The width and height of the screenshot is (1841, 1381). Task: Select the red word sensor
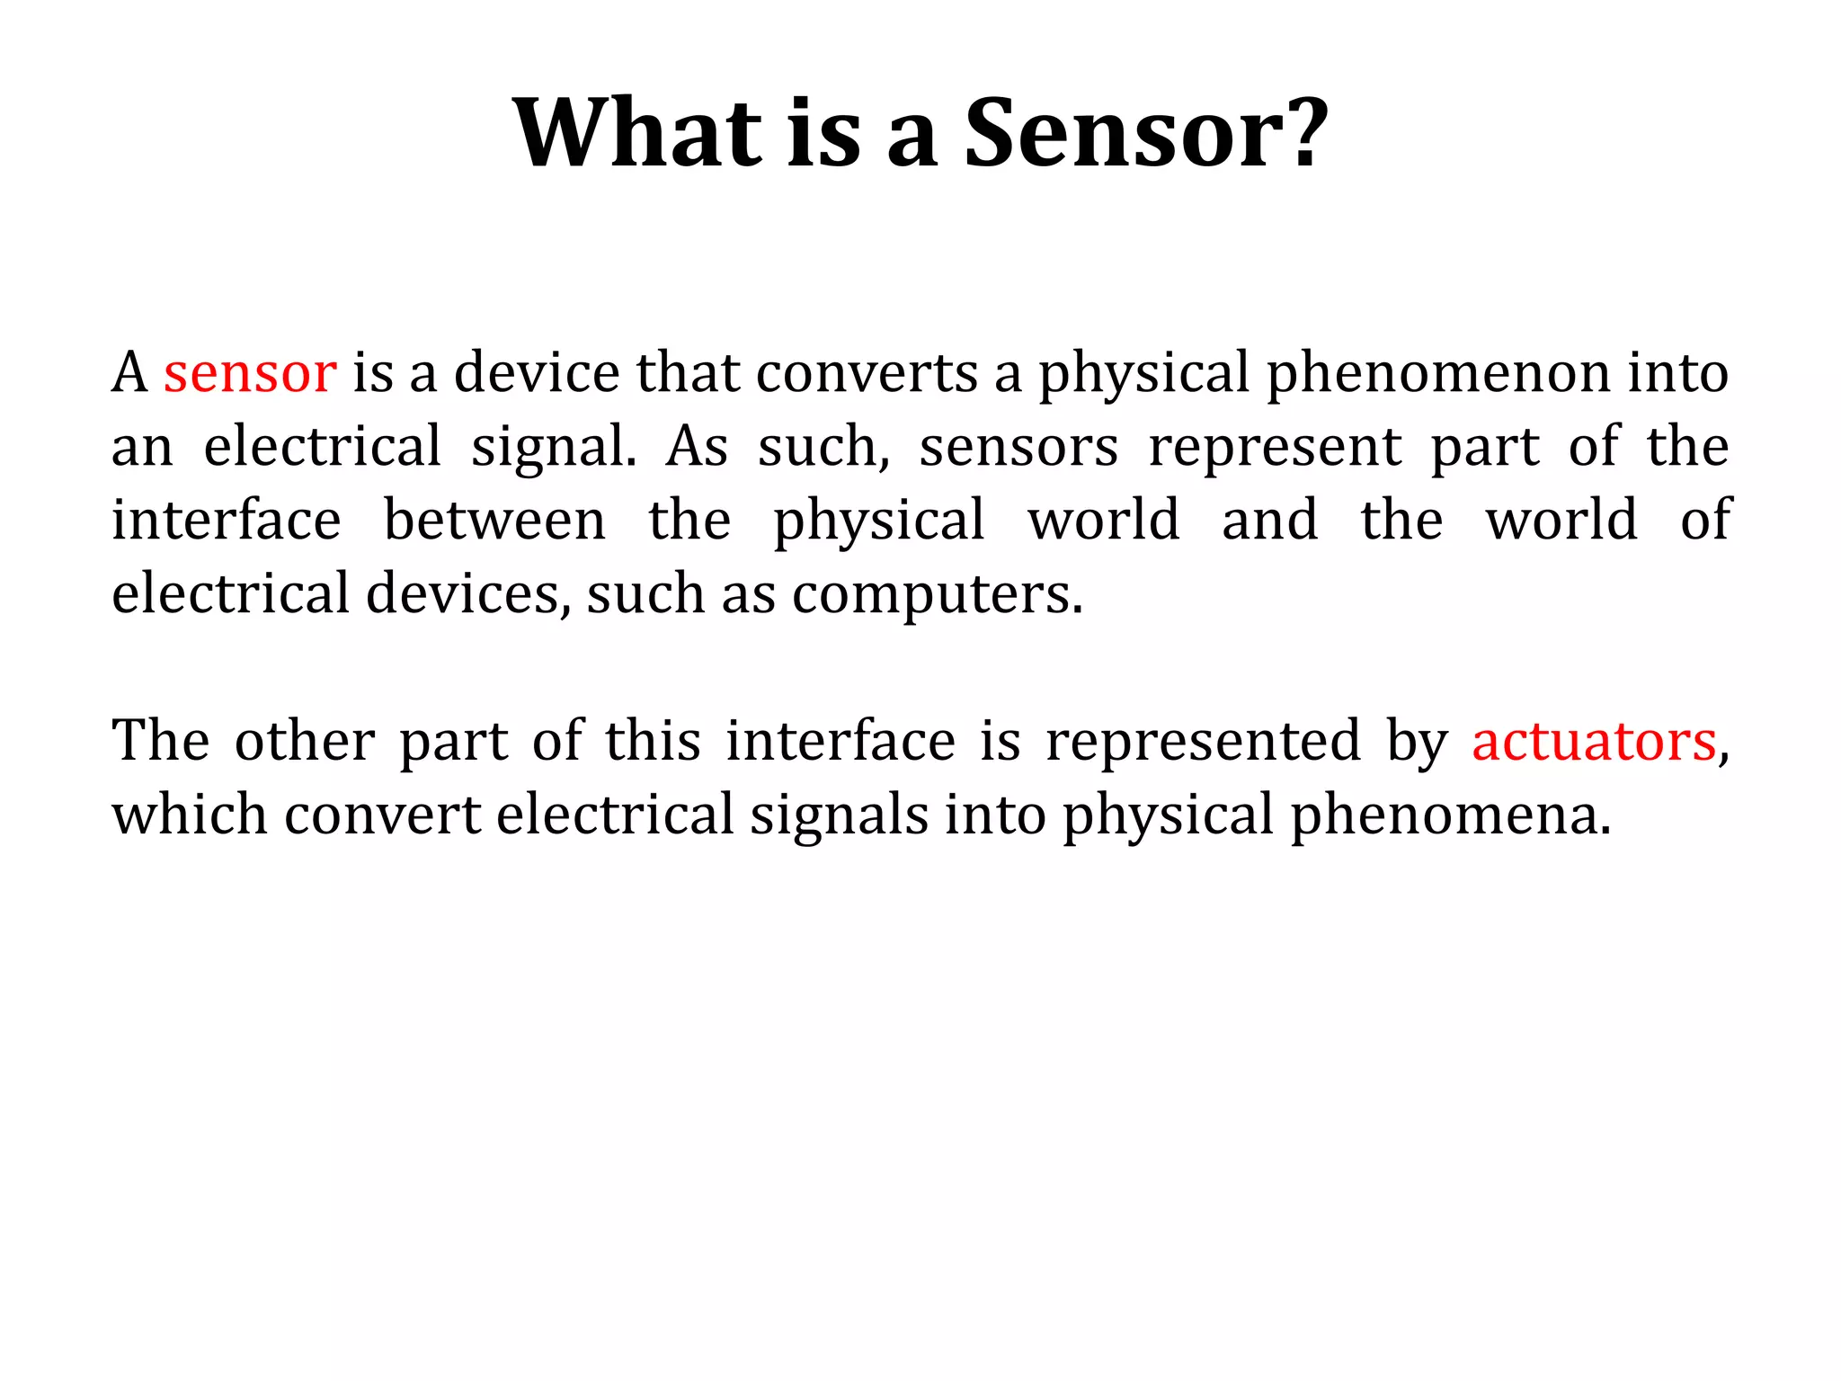pyautogui.click(x=249, y=372)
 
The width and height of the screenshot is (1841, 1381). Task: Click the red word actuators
pyautogui.click(x=1594, y=742)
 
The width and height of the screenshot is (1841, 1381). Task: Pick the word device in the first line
pyautogui.click(x=537, y=372)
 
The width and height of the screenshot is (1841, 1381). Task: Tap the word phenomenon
pyautogui.click(x=1438, y=374)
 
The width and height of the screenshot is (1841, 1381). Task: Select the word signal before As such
pyautogui.click(x=553, y=448)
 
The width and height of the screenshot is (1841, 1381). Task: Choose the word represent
pyautogui.click(x=1275, y=448)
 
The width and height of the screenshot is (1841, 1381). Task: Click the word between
pyautogui.click(x=494, y=521)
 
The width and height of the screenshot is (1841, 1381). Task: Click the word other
pyautogui.click(x=304, y=741)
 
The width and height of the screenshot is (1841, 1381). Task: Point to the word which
pyautogui.click(x=189, y=815)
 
